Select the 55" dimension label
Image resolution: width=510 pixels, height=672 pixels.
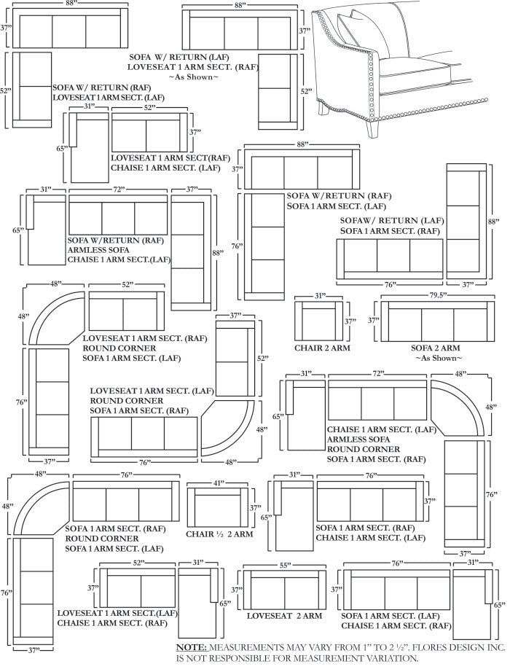pyautogui.click(x=283, y=566)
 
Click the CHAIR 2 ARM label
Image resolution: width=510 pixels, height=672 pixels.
pyautogui.click(x=322, y=348)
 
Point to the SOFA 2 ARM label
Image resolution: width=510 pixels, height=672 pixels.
pyautogui.click(x=435, y=348)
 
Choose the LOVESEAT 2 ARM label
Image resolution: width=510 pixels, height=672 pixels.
pyautogui.click(x=283, y=616)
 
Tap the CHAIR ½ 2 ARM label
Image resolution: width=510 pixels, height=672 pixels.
pyautogui.click(x=219, y=534)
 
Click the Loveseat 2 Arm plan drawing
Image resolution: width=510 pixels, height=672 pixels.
pyautogui.click(x=283, y=591)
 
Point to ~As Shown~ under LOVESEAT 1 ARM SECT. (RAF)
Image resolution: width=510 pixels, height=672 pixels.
pyautogui.click(x=193, y=77)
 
